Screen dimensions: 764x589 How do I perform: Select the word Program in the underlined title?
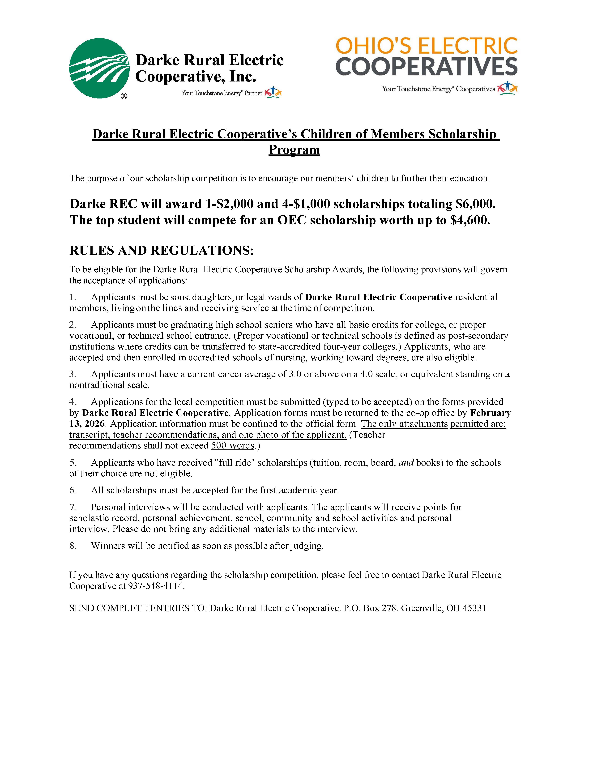[x=294, y=150]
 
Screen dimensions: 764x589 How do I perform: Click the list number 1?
[x=72, y=297]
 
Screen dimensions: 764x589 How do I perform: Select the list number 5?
[x=72, y=463]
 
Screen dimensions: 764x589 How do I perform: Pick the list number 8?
[x=72, y=546]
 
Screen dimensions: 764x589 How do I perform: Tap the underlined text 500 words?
[x=233, y=446]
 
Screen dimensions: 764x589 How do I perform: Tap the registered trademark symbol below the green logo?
[x=124, y=96]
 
